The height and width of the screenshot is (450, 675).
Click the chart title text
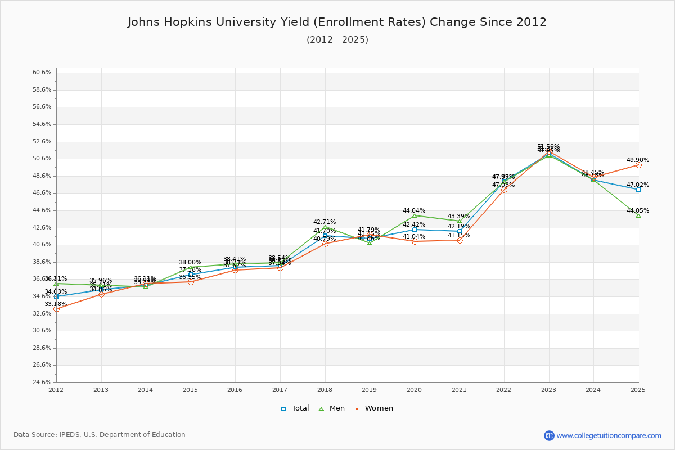[x=337, y=22]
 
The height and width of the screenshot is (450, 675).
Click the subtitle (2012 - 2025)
[x=337, y=40]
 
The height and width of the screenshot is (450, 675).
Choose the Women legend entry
[x=373, y=408]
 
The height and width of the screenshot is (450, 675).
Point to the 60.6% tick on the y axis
[x=42, y=73]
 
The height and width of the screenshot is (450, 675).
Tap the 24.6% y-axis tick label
[x=42, y=382]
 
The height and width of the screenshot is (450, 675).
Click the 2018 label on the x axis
[x=325, y=390]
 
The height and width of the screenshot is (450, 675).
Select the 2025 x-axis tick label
[x=638, y=390]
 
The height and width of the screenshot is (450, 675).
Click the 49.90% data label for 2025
[x=638, y=160]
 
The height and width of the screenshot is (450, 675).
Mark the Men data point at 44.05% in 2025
[x=638, y=215]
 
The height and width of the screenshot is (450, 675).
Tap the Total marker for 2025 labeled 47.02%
[x=638, y=190]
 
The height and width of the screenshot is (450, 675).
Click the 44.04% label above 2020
[x=414, y=211]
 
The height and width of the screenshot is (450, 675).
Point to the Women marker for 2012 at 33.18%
[x=56, y=309]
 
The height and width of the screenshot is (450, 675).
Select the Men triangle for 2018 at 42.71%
[x=325, y=227]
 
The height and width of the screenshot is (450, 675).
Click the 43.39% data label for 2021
[x=459, y=217]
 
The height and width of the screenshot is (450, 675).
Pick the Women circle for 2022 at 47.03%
[x=504, y=190]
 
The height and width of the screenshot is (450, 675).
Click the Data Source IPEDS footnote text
[x=100, y=435]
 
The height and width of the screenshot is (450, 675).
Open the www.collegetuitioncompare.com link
[x=609, y=435]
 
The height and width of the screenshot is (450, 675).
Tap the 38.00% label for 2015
[x=190, y=263]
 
